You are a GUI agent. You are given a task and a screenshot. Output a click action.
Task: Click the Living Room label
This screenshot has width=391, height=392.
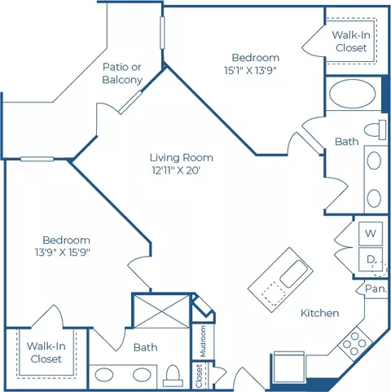tap(182, 157)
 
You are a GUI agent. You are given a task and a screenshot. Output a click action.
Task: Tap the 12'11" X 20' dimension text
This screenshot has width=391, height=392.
tap(176, 170)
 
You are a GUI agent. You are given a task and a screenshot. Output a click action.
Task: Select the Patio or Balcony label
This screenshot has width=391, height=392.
tap(122, 73)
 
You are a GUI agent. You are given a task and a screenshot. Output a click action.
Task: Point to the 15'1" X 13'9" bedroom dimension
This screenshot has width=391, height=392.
tap(250, 71)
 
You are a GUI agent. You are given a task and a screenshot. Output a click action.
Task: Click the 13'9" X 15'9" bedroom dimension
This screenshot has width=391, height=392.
tap(63, 253)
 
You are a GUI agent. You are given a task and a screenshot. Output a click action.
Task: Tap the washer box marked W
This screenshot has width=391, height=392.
tap(371, 233)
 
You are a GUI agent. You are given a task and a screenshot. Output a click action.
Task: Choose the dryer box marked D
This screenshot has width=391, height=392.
tap(371, 259)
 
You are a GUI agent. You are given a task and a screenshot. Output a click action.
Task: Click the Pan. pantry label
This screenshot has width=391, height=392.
tap(376, 288)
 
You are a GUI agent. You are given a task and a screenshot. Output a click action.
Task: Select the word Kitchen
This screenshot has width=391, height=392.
tap(319, 313)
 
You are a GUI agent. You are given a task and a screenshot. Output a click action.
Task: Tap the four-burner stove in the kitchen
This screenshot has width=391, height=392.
tap(354, 344)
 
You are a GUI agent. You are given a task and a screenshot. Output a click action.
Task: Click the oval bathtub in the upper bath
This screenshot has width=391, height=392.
tap(353, 94)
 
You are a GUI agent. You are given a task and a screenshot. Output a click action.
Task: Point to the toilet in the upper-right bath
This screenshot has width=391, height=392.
tap(376, 130)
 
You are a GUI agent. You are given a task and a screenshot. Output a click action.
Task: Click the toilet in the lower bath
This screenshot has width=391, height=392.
tap(173, 376)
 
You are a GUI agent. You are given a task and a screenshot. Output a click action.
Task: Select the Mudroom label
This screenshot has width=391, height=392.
tap(203, 341)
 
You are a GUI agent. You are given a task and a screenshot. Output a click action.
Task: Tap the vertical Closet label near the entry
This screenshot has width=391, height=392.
tap(199, 377)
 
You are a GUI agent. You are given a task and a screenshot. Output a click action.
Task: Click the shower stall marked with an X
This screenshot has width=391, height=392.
tap(162, 311)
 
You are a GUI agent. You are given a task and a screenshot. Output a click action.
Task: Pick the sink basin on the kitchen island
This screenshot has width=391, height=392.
tap(294, 274)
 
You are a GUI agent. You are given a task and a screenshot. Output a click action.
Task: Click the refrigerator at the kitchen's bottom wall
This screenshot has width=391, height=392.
tap(288, 367)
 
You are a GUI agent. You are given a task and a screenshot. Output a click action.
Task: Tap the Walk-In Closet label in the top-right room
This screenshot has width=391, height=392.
tap(351, 42)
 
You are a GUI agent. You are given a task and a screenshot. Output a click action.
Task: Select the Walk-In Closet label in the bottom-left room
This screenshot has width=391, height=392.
tap(46, 352)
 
